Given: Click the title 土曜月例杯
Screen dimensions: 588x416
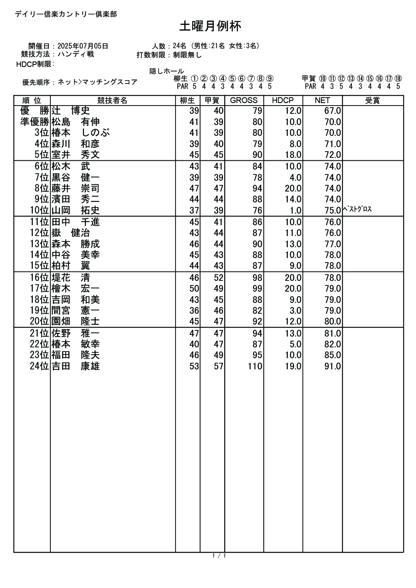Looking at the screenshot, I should pos(210,26).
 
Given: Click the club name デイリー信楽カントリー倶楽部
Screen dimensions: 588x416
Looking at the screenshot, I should pos(66,14).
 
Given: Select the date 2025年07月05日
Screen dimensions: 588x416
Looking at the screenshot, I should pos(83,46).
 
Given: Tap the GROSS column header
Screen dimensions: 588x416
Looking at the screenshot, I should pos(244,100).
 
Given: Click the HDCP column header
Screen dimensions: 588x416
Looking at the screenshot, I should pos(283,100).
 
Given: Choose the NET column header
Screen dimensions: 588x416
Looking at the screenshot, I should pos(322,100).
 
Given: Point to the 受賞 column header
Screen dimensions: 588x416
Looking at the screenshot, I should pos(372,100).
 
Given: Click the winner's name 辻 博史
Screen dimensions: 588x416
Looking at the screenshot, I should pos(71,111).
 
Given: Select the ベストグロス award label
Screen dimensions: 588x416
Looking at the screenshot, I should pos(357,209).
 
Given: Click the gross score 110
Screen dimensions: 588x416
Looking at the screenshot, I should pos(255,366).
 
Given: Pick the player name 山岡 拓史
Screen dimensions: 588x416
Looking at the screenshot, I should pos(75,210).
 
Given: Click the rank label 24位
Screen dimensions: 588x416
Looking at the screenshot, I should pos(40,366).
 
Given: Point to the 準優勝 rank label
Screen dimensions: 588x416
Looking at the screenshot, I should pos(35,122).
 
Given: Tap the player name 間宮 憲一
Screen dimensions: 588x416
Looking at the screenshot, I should pos(75,310).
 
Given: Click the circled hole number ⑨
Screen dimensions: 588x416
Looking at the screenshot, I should pos(270,79).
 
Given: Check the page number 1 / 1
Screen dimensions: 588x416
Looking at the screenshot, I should pos(219,556).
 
